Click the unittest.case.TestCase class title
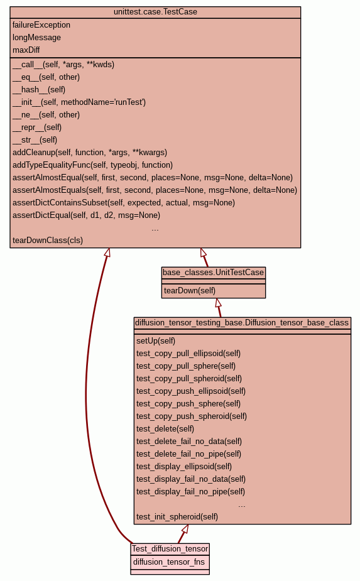pos(155,12)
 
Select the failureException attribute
pos(41,25)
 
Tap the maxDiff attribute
pos(26,50)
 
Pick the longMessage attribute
pos(36,38)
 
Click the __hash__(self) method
pos(39,90)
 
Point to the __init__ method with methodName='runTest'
pos(79,102)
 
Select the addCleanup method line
pos(90,152)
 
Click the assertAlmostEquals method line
pos(155,190)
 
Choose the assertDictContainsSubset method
pos(124,203)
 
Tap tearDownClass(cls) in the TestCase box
pos(48,240)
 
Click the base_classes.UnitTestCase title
pos(213,273)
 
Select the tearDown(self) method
pos(190,290)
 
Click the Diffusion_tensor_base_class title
pos(242,322)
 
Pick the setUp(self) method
pos(156,341)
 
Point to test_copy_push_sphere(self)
pos(188,403)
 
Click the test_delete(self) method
pos(165,429)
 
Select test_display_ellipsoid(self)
pos(184,467)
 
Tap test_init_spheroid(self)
pos(177,516)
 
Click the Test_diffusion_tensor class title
pos(170,549)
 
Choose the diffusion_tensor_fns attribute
pos(169,562)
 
